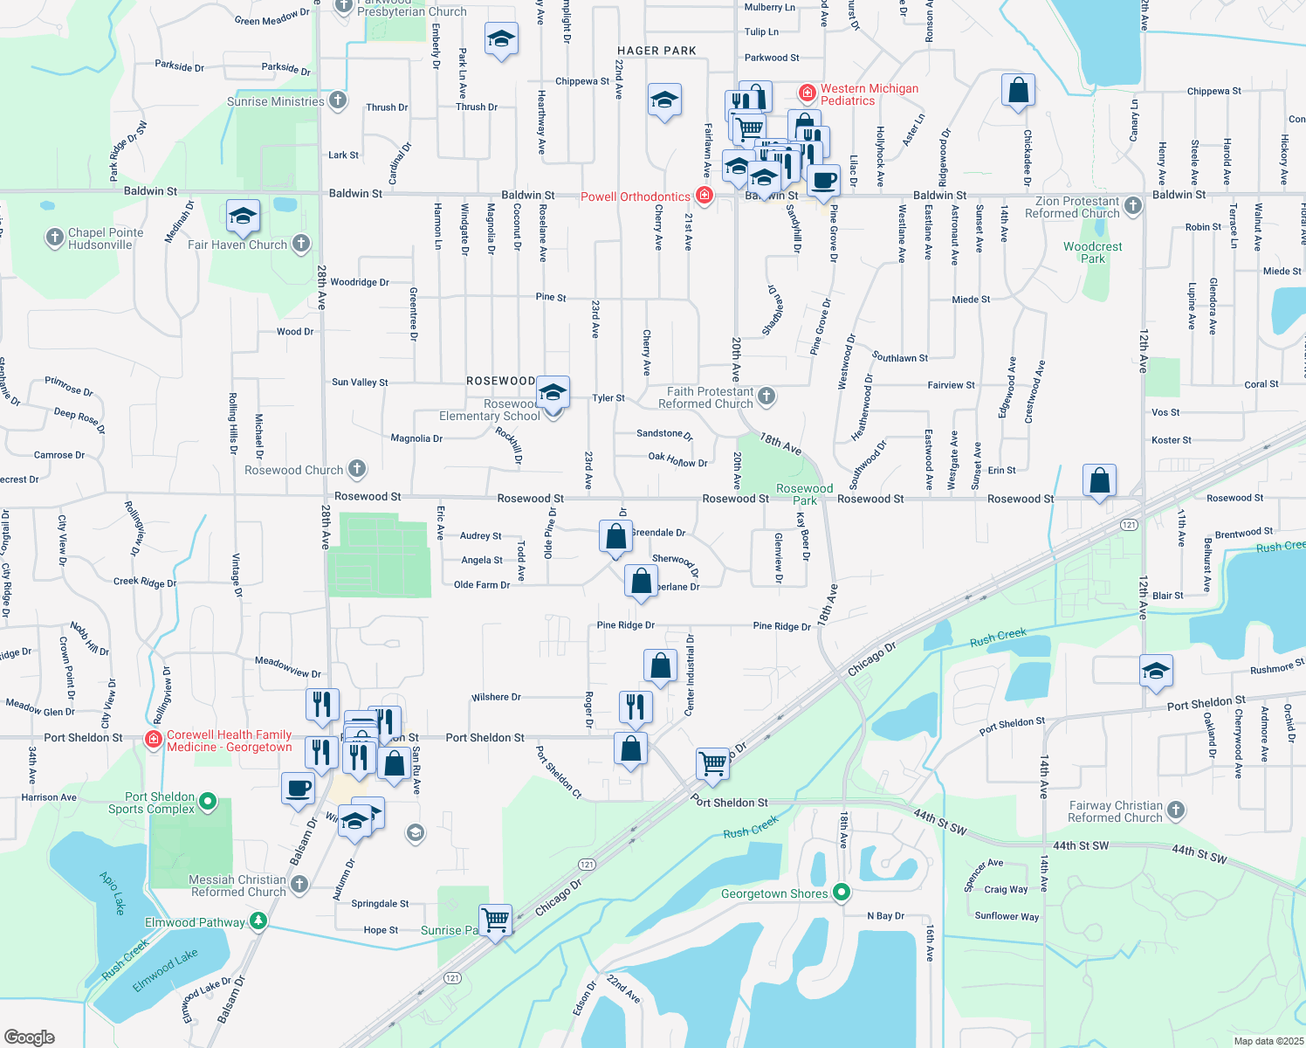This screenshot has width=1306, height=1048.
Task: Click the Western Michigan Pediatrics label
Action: (x=869, y=94)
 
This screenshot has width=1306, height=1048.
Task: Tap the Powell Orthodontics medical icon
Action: (x=705, y=196)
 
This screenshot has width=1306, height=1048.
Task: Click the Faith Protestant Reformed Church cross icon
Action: (x=766, y=397)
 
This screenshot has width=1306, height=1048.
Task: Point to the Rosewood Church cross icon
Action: (x=357, y=469)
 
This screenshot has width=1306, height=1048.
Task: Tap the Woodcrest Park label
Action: (x=1092, y=252)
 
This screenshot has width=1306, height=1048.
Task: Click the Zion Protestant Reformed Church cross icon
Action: (x=1133, y=206)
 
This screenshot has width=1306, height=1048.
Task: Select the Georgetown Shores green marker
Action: (x=842, y=893)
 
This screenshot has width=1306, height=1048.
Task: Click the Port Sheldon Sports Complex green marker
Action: (x=208, y=800)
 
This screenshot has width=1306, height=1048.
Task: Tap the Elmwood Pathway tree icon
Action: (x=258, y=921)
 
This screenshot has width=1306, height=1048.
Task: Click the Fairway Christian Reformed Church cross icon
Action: (x=1176, y=810)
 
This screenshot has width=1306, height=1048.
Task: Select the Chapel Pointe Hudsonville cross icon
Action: (x=55, y=238)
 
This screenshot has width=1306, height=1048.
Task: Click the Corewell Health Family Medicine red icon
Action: (x=154, y=740)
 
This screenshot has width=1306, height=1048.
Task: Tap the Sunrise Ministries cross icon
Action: (x=338, y=101)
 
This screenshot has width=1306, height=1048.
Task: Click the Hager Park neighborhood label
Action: (x=656, y=51)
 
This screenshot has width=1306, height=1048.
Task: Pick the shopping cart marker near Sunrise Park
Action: (x=495, y=920)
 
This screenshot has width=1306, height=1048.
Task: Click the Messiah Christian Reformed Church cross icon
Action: (x=299, y=885)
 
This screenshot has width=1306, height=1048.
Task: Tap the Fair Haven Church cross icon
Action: (x=301, y=244)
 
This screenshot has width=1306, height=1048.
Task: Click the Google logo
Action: (x=29, y=1037)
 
